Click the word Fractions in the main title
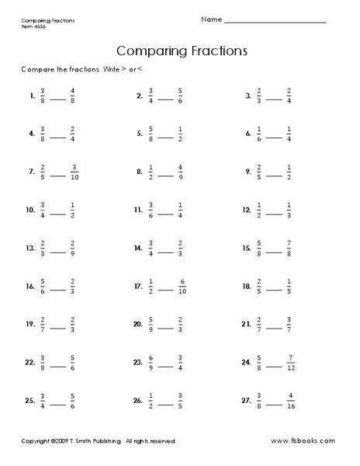[211, 51]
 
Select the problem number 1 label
[32, 98]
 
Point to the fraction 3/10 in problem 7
[75, 172]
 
